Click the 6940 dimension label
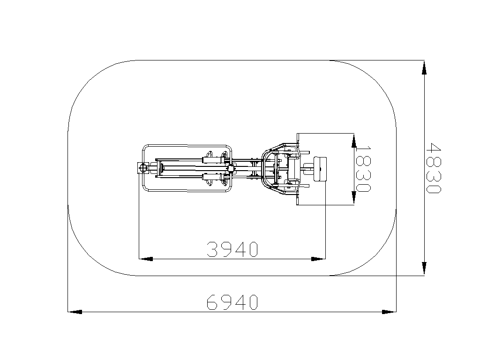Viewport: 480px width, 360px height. click(232, 302)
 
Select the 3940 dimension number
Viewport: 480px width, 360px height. click(232, 249)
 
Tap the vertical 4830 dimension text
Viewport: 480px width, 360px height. click(434, 168)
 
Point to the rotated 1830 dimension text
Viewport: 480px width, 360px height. click(363, 168)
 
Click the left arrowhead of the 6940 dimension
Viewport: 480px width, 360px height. click(75, 312)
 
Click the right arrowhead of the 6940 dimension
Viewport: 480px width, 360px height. click(389, 312)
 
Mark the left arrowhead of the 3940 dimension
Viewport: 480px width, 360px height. click(146, 259)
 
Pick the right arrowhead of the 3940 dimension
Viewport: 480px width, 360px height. click(318, 259)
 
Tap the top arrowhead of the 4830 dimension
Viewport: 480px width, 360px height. click(424, 67)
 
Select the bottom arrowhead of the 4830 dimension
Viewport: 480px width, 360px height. click(424, 269)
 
